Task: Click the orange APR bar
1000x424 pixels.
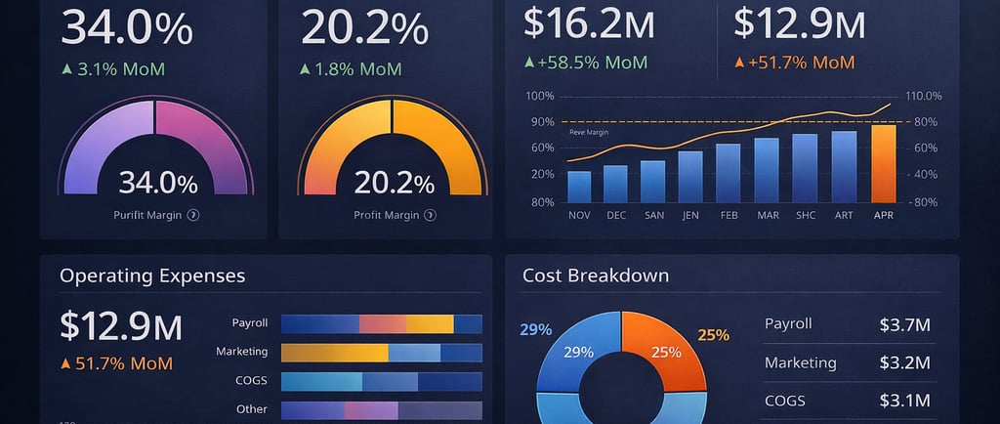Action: pos(884,163)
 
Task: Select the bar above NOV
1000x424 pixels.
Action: pos(579,187)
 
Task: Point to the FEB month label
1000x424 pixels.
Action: pos(729,215)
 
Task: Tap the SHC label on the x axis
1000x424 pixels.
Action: pos(806,215)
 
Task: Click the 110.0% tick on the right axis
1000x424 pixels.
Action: pos(923,96)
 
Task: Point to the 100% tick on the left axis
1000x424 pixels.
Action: pos(539,96)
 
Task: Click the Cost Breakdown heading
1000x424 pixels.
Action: pos(596,276)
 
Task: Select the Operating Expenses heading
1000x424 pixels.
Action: pos(152,276)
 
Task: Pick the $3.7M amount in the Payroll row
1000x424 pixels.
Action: pos(904,324)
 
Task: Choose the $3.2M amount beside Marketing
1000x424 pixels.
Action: pos(904,363)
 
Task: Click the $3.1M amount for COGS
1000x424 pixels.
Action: pos(904,401)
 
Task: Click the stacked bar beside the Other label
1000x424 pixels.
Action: pos(381,409)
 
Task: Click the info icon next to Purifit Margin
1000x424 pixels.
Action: pos(193,215)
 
